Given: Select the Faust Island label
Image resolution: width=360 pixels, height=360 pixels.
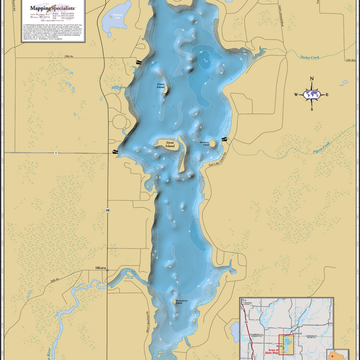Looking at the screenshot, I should [161, 86].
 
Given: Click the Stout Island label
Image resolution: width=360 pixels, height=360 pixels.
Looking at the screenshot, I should [170, 144].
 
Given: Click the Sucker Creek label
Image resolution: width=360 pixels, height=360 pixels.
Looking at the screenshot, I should [309, 57].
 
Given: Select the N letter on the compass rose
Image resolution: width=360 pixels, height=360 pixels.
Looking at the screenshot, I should [312, 79].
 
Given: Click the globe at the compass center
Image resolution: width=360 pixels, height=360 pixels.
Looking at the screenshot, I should [312, 95].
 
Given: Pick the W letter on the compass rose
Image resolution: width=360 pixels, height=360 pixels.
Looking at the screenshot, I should [296, 95].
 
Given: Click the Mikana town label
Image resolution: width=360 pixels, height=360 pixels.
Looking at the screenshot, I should [100, 268].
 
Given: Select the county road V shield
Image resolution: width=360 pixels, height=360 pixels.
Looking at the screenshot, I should [56, 153].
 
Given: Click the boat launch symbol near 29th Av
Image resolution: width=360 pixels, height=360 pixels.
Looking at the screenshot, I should [138, 62].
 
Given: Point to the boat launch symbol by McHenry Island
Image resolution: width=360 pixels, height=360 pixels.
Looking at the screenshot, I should [224, 139].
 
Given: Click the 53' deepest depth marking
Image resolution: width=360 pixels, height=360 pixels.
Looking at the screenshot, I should [206, 61].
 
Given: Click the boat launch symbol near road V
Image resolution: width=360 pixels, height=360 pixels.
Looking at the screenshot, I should [116, 152].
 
